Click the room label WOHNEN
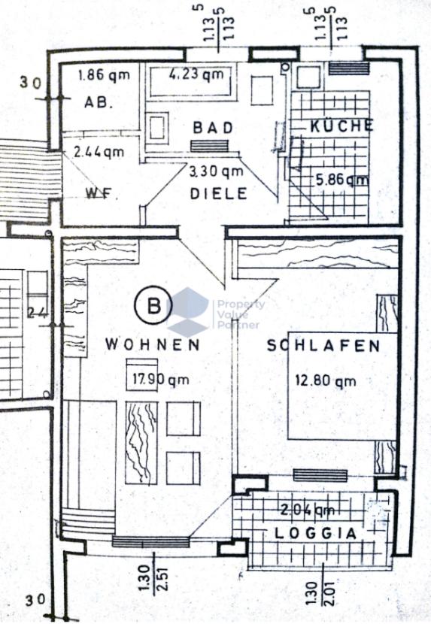click(153, 345)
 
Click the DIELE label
click(218, 193)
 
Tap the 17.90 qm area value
click(157, 380)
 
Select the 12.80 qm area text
click(325, 380)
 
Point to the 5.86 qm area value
click(341, 180)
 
